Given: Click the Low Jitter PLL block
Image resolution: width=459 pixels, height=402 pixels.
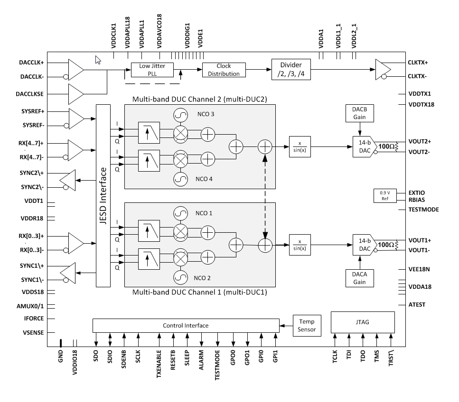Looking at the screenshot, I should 152,70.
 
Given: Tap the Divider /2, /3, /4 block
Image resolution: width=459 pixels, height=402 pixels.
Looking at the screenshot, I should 291,70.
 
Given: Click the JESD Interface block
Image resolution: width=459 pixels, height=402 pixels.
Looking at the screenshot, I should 103,195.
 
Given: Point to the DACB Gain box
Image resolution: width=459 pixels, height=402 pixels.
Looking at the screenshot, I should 359,112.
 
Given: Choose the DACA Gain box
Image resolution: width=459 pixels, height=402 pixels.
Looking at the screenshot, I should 359,278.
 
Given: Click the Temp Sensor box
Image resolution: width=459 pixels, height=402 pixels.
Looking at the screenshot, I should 307,326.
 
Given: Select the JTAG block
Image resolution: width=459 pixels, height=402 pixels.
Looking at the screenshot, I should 362,322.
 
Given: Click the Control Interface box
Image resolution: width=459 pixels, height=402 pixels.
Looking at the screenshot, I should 185,325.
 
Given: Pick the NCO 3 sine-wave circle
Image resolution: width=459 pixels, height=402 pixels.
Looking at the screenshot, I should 181,115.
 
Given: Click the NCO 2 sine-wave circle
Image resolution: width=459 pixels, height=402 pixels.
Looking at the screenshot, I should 181,277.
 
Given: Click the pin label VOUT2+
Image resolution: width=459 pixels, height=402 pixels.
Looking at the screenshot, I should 420,141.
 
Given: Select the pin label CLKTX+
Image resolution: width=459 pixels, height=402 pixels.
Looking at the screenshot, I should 418,63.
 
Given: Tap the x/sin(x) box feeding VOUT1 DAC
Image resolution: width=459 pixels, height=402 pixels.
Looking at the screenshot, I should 300,245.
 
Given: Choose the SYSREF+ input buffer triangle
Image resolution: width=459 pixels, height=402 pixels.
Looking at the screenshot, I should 75,119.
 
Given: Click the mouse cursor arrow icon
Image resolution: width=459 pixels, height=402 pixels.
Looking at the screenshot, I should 98,60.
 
